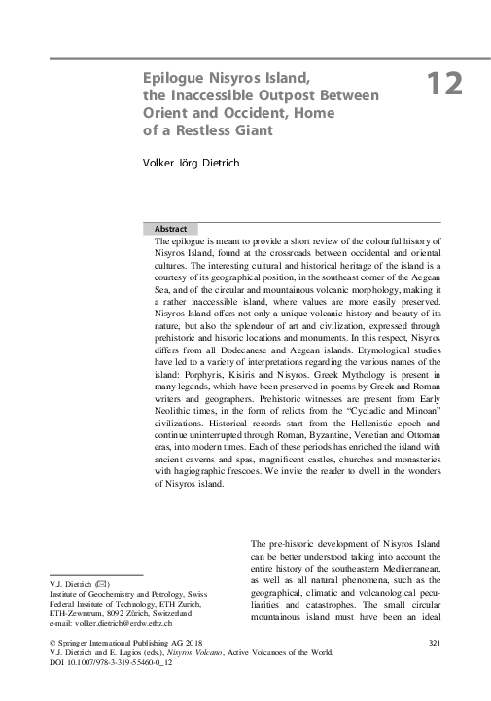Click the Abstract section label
[172, 228]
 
